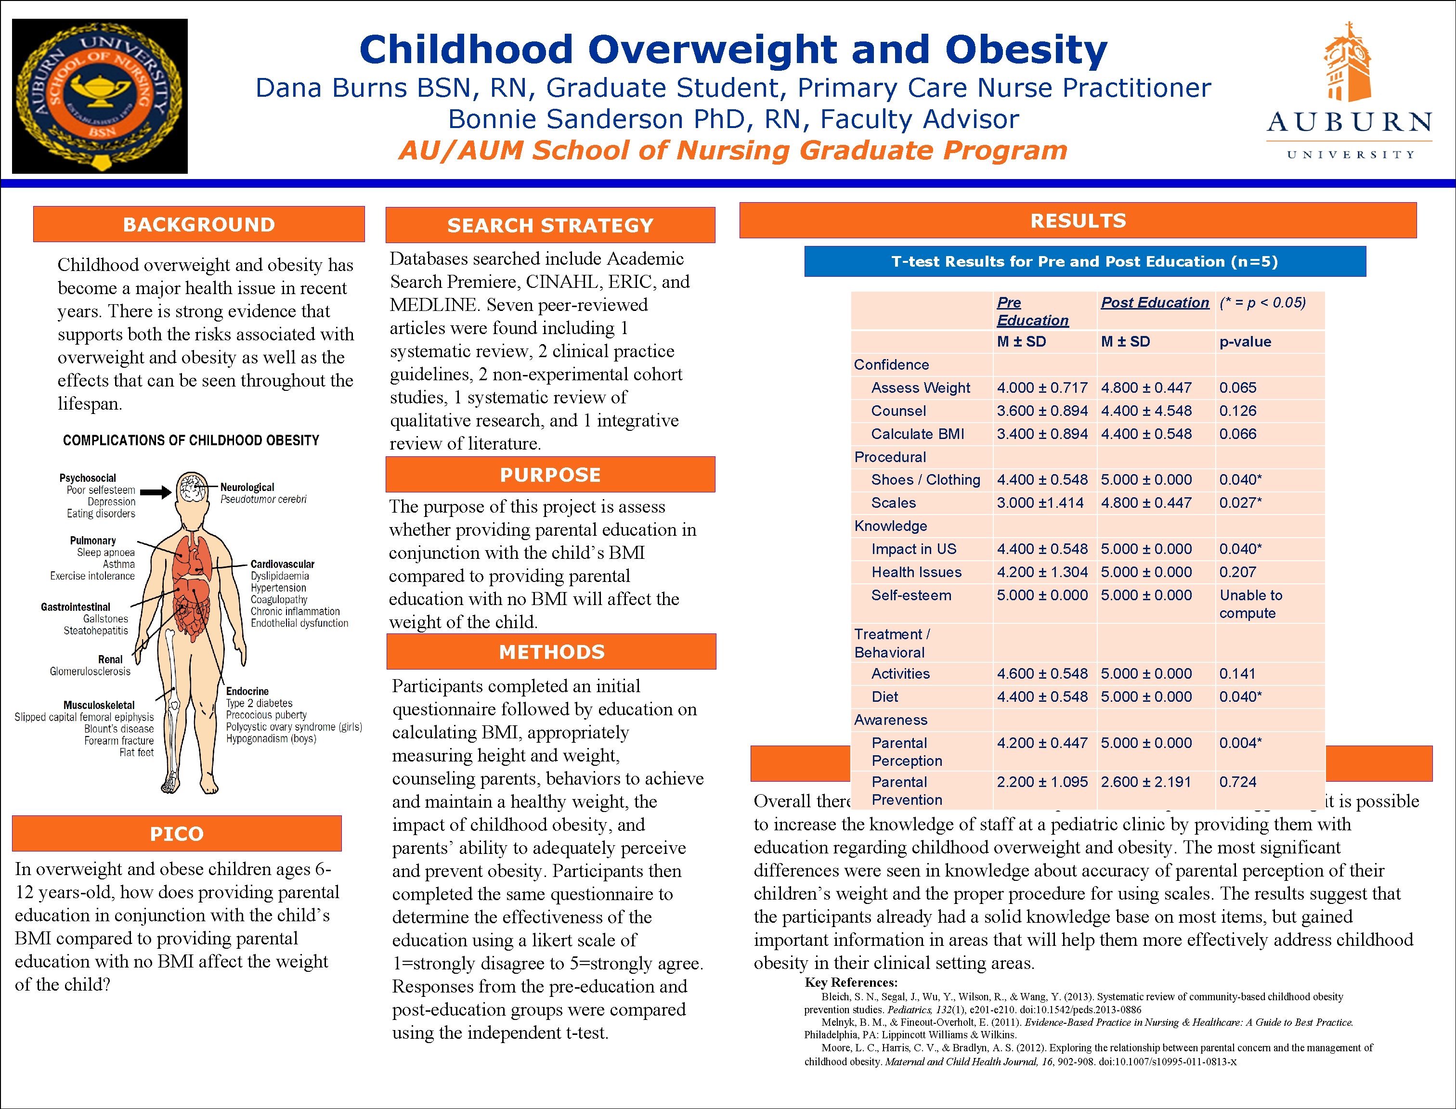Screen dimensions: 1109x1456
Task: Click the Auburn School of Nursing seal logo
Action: click(x=100, y=96)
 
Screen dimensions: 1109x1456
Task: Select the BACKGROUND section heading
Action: click(x=199, y=224)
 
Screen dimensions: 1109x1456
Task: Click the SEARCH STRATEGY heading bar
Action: click(x=550, y=226)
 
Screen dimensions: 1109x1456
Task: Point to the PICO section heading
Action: click(x=176, y=834)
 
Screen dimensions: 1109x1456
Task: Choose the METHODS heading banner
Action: click(x=551, y=652)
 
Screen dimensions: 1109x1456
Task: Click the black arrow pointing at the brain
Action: click(x=156, y=492)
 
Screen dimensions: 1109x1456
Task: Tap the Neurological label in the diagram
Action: click(x=247, y=487)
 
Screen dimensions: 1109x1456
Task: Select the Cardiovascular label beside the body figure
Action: click(x=282, y=565)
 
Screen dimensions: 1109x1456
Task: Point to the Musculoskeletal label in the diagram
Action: click(x=99, y=705)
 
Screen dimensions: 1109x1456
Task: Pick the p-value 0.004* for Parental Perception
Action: click(x=1240, y=743)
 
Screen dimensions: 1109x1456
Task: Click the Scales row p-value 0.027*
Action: click(x=1240, y=503)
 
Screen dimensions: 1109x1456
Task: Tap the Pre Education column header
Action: click(x=1032, y=311)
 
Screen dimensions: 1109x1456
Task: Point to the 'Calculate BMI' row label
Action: click(x=917, y=434)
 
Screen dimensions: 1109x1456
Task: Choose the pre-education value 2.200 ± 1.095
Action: click(x=1042, y=782)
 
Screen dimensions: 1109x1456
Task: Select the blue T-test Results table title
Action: click(x=1084, y=262)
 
